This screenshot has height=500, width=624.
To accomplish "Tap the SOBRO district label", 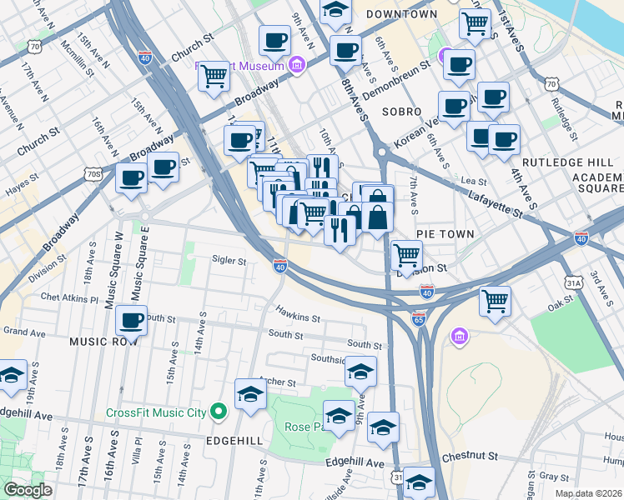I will tap(401, 111).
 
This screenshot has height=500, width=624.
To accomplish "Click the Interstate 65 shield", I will tap(419, 319).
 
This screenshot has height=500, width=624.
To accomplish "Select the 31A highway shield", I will tap(573, 282).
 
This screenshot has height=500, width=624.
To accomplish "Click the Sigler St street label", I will tap(229, 261).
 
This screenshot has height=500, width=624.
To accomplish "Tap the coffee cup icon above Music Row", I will tap(132, 319).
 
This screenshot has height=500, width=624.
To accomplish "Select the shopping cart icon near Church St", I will tap(214, 76).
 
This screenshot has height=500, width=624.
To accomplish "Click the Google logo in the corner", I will tap(28, 490).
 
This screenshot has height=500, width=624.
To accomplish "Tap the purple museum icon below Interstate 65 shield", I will tap(458, 337).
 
